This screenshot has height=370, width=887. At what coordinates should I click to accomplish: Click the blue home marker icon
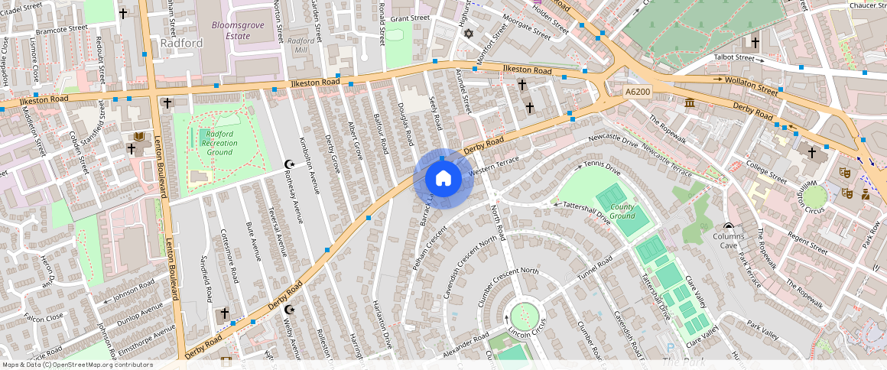click(x=443, y=179)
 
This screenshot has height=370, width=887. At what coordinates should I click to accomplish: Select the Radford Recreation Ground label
click(x=218, y=142)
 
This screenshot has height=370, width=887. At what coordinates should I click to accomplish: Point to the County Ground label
click(x=622, y=211)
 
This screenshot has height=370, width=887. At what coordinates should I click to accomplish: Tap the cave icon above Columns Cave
click(x=729, y=227)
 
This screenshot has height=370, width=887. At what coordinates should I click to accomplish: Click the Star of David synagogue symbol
click(x=469, y=34)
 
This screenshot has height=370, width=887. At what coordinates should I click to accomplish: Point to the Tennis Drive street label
click(x=602, y=164)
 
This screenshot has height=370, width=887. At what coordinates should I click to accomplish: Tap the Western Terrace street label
click(x=494, y=165)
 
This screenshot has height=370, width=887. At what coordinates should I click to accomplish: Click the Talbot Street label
click(x=734, y=57)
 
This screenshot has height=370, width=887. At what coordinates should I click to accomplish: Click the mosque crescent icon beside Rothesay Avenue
click(x=289, y=164)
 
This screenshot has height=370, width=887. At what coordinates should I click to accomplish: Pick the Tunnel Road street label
click(x=595, y=267)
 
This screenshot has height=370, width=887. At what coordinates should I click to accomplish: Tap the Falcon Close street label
click(x=44, y=317)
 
